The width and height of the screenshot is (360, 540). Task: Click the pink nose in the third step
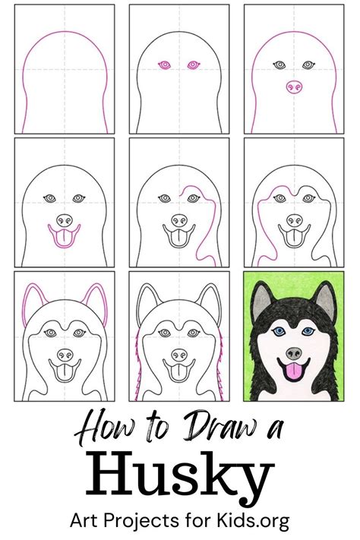point(292,88)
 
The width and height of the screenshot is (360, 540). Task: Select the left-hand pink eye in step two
point(163,66)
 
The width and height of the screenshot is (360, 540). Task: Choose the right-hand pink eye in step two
point(193,66)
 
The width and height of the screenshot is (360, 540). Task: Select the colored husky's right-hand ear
point(327,297)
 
